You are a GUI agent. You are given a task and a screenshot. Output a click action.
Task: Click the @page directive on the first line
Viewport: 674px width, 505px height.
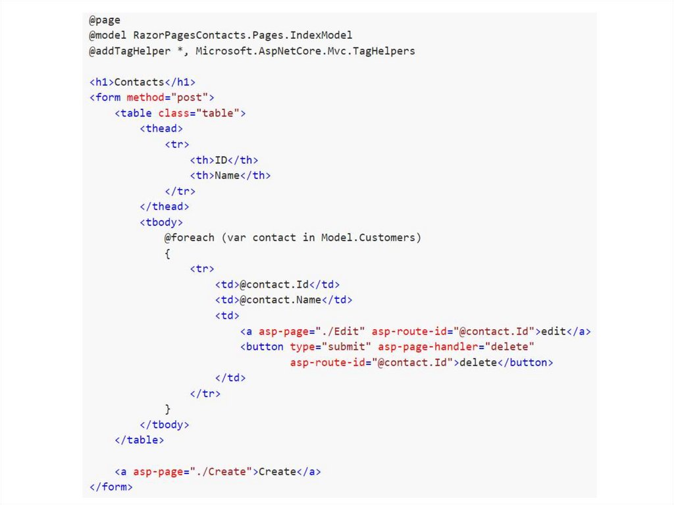105,19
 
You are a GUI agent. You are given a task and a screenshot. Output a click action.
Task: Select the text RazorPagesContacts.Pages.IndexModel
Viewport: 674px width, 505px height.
243,35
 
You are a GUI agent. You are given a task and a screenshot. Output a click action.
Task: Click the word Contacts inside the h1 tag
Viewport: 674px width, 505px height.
139,82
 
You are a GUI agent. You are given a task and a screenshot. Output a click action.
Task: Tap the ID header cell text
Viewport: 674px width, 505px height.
221,160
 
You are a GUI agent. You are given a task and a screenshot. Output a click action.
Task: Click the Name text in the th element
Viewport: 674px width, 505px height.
227,176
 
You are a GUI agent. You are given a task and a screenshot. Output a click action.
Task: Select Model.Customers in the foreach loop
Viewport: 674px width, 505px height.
371,237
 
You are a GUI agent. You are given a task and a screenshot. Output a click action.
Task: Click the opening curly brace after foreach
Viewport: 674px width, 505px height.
168,253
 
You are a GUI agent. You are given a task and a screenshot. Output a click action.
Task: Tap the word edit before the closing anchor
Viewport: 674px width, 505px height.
554,331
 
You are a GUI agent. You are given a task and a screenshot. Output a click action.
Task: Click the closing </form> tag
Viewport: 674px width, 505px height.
111,487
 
